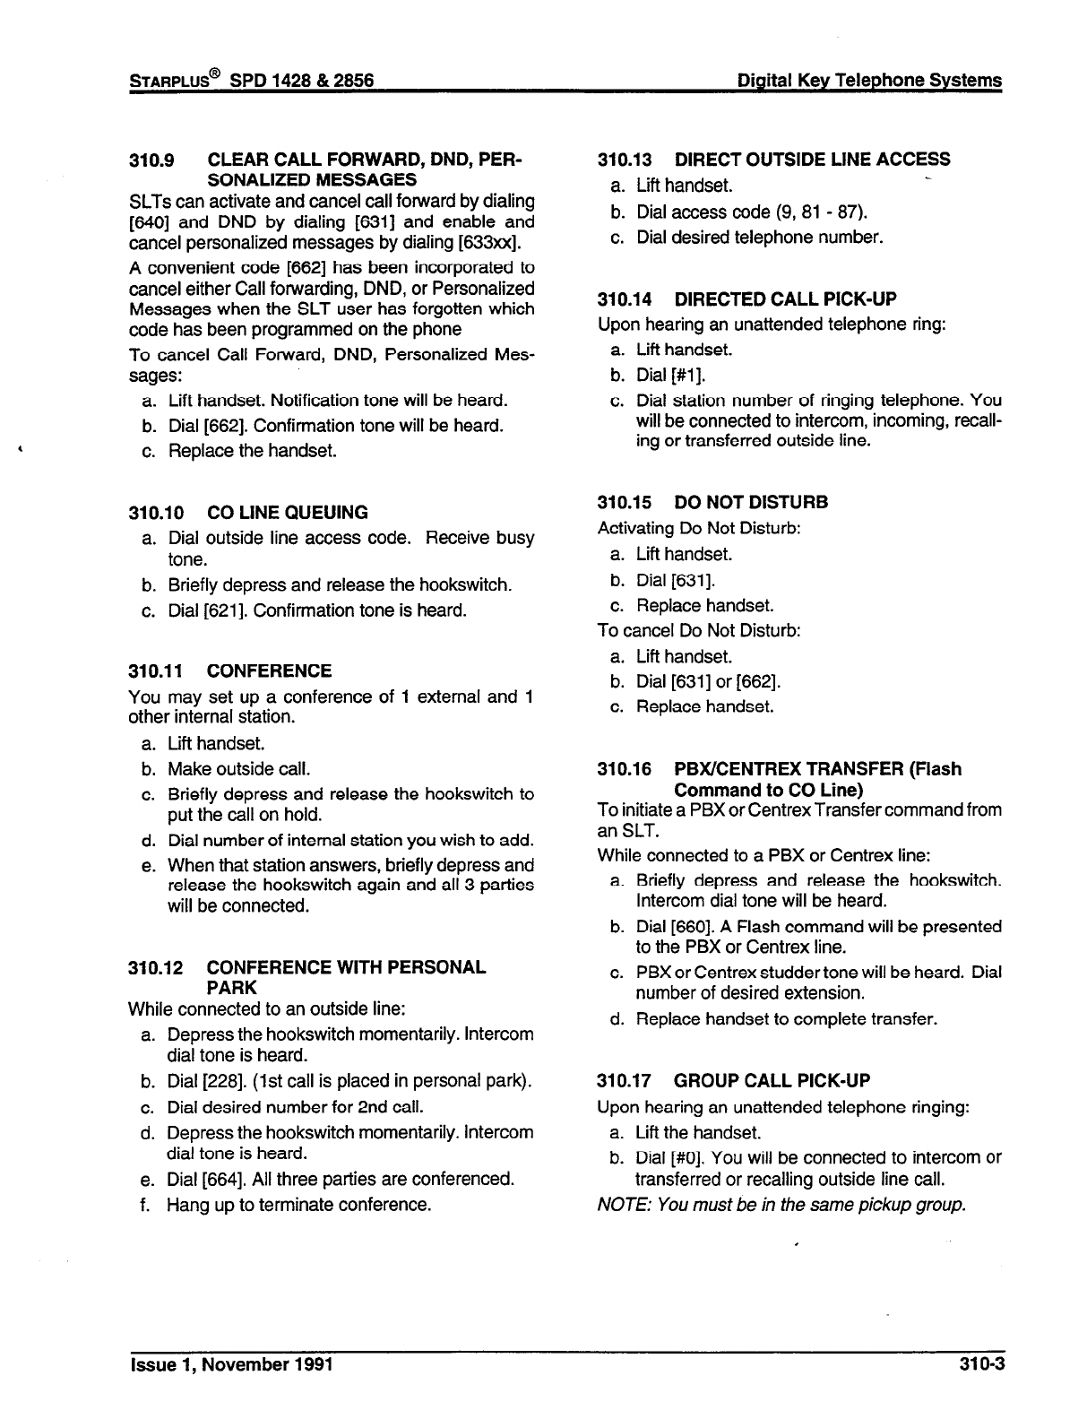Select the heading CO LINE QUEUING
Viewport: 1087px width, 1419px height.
(x=287, y=513)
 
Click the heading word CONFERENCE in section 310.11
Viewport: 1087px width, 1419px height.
(x=269, y=671)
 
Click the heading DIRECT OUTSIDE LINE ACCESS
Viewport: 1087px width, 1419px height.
(x=812, y=160)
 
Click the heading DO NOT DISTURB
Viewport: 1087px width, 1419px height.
(x=751, y=502)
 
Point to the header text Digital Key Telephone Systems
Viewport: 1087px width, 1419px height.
(x=867, y=81)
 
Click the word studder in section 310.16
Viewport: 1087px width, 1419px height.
(x=785, y=973)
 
